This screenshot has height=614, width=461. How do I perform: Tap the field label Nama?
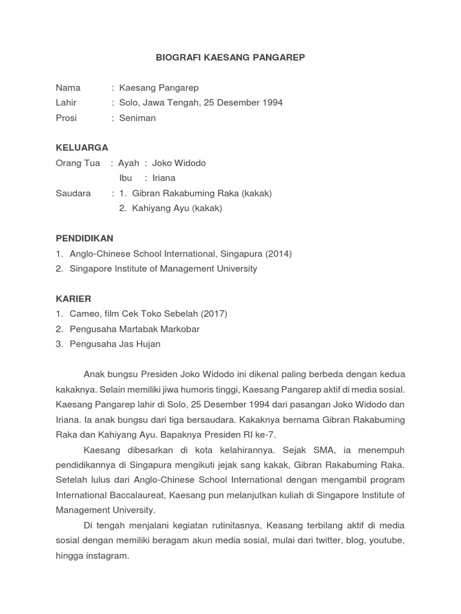tap(68, 88)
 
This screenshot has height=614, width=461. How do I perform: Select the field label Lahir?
tap(66, 103)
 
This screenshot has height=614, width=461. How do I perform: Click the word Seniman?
tap(137, 118)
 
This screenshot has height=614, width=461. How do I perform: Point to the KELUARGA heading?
tap(82, 148)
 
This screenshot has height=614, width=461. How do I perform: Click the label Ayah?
tap(128, 163)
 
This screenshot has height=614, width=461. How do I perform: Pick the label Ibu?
tap(125, 178)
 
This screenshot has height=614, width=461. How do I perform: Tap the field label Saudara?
tap(73, 193)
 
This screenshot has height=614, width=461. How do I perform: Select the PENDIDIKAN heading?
tap(84, 239)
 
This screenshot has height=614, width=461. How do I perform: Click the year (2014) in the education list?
tap(277, 254)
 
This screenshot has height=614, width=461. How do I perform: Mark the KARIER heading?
tap(73, 299)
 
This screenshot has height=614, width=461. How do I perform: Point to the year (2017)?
tap(214, 314)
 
